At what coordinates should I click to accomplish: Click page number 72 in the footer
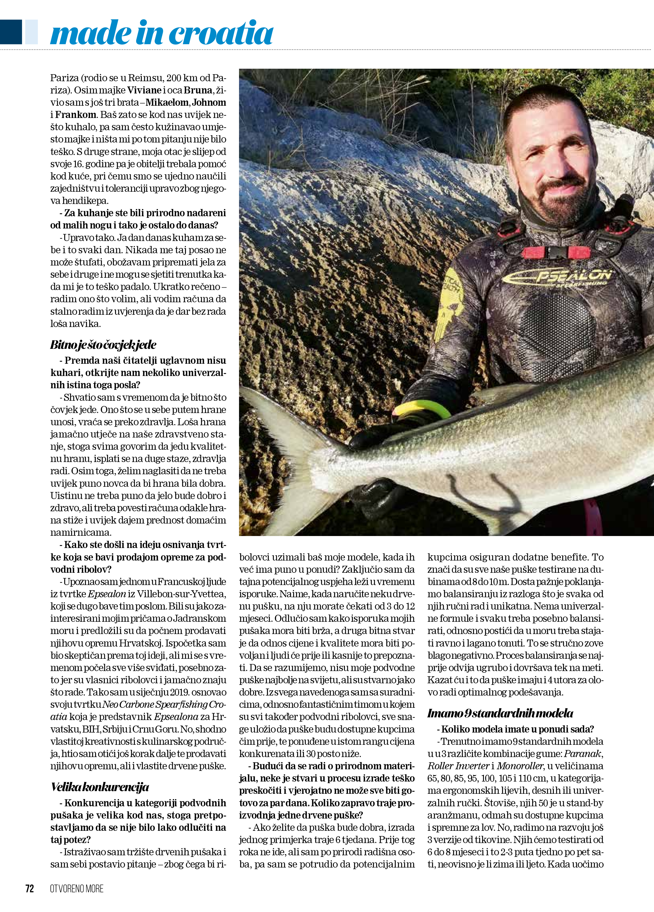(30, 888)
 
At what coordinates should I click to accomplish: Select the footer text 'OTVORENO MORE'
(77, 888)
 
